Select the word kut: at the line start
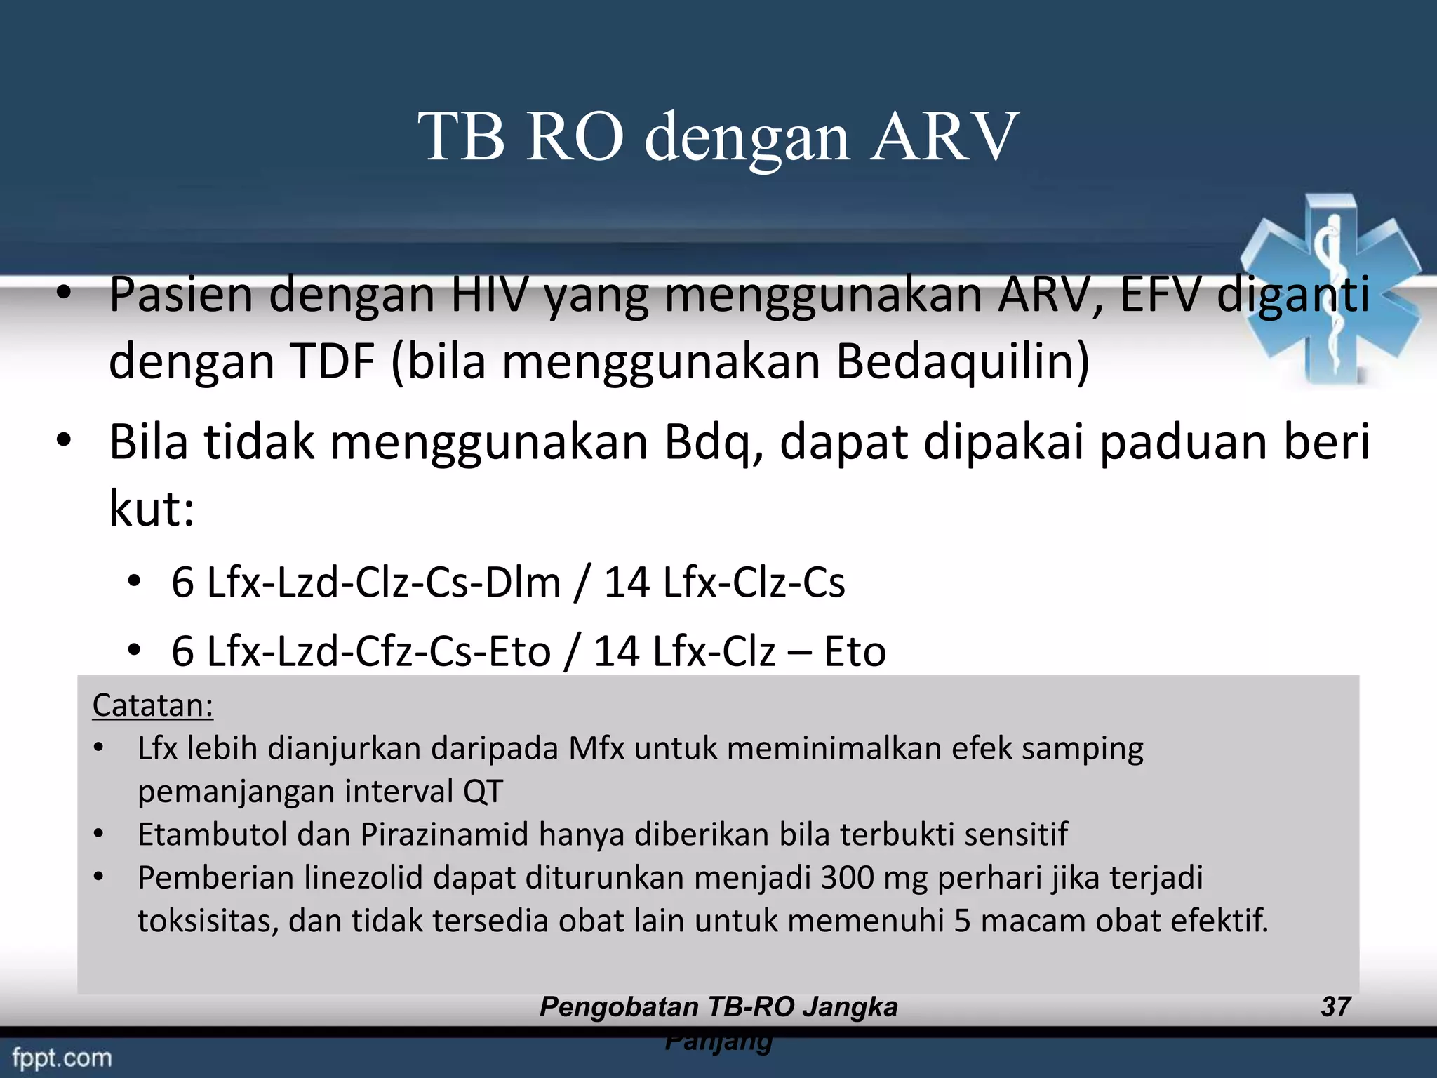151,508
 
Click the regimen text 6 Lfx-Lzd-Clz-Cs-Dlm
366,583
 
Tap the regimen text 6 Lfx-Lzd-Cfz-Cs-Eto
361,651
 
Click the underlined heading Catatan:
152,705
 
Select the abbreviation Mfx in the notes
596,748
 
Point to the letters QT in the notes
483,792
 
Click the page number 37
1335,1007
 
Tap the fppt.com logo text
62,1058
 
